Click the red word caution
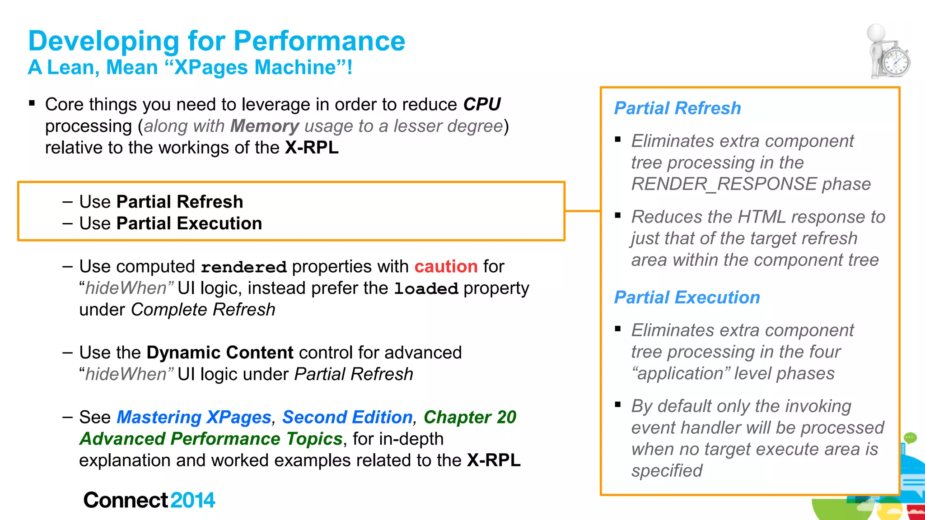pyautogui.click(x=446, y=266)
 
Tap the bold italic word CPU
pyautogui.click(x=481, y=104)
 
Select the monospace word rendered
pyautogui.click(x=243, y=267)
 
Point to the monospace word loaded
pyautogui.click(x=426, y=288)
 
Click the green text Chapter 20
pyautogui.click(x=470, y=417)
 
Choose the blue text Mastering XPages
pyautogui.click(x=194, y=417)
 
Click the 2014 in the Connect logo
pyautogui.click(x=192, y=500)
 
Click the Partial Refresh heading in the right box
pyautogui.click(x=677, y=108)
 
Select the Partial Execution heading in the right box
pyautogui.click(x=687, y=297)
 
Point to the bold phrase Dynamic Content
pyautogui.click(x=220, y=353)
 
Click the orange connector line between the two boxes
pyautogui.click(x=583, y=211)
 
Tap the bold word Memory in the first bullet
pyautogui.click(x=265, y=126)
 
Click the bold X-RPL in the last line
pyautogui.click(x=493, y=460)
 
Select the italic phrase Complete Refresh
pyautogui.click(x=203, y=310)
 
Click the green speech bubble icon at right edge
pyautogui.click(x=910, y=438)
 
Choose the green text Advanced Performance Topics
pyautogui.click(x=211, y=439)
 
